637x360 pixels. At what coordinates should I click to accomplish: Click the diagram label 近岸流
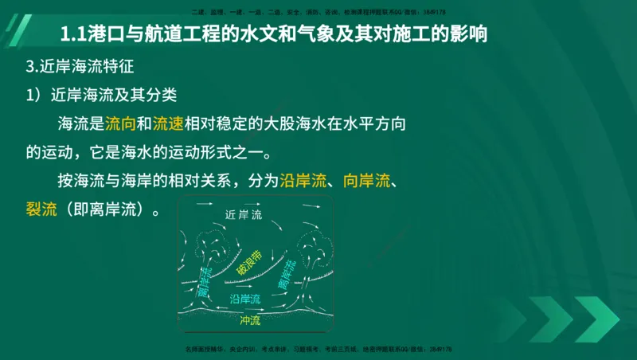[x=244, y=215]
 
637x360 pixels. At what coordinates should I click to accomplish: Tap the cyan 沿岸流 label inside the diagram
[x=245, y=299]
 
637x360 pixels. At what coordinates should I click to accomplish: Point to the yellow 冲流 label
[x=249, y=320]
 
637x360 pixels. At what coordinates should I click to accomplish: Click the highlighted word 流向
[x=121, y=122]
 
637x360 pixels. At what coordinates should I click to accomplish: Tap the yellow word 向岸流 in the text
[x=365, y=181]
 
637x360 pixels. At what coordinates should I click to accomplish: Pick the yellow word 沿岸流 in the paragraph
[x=303, y=181]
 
